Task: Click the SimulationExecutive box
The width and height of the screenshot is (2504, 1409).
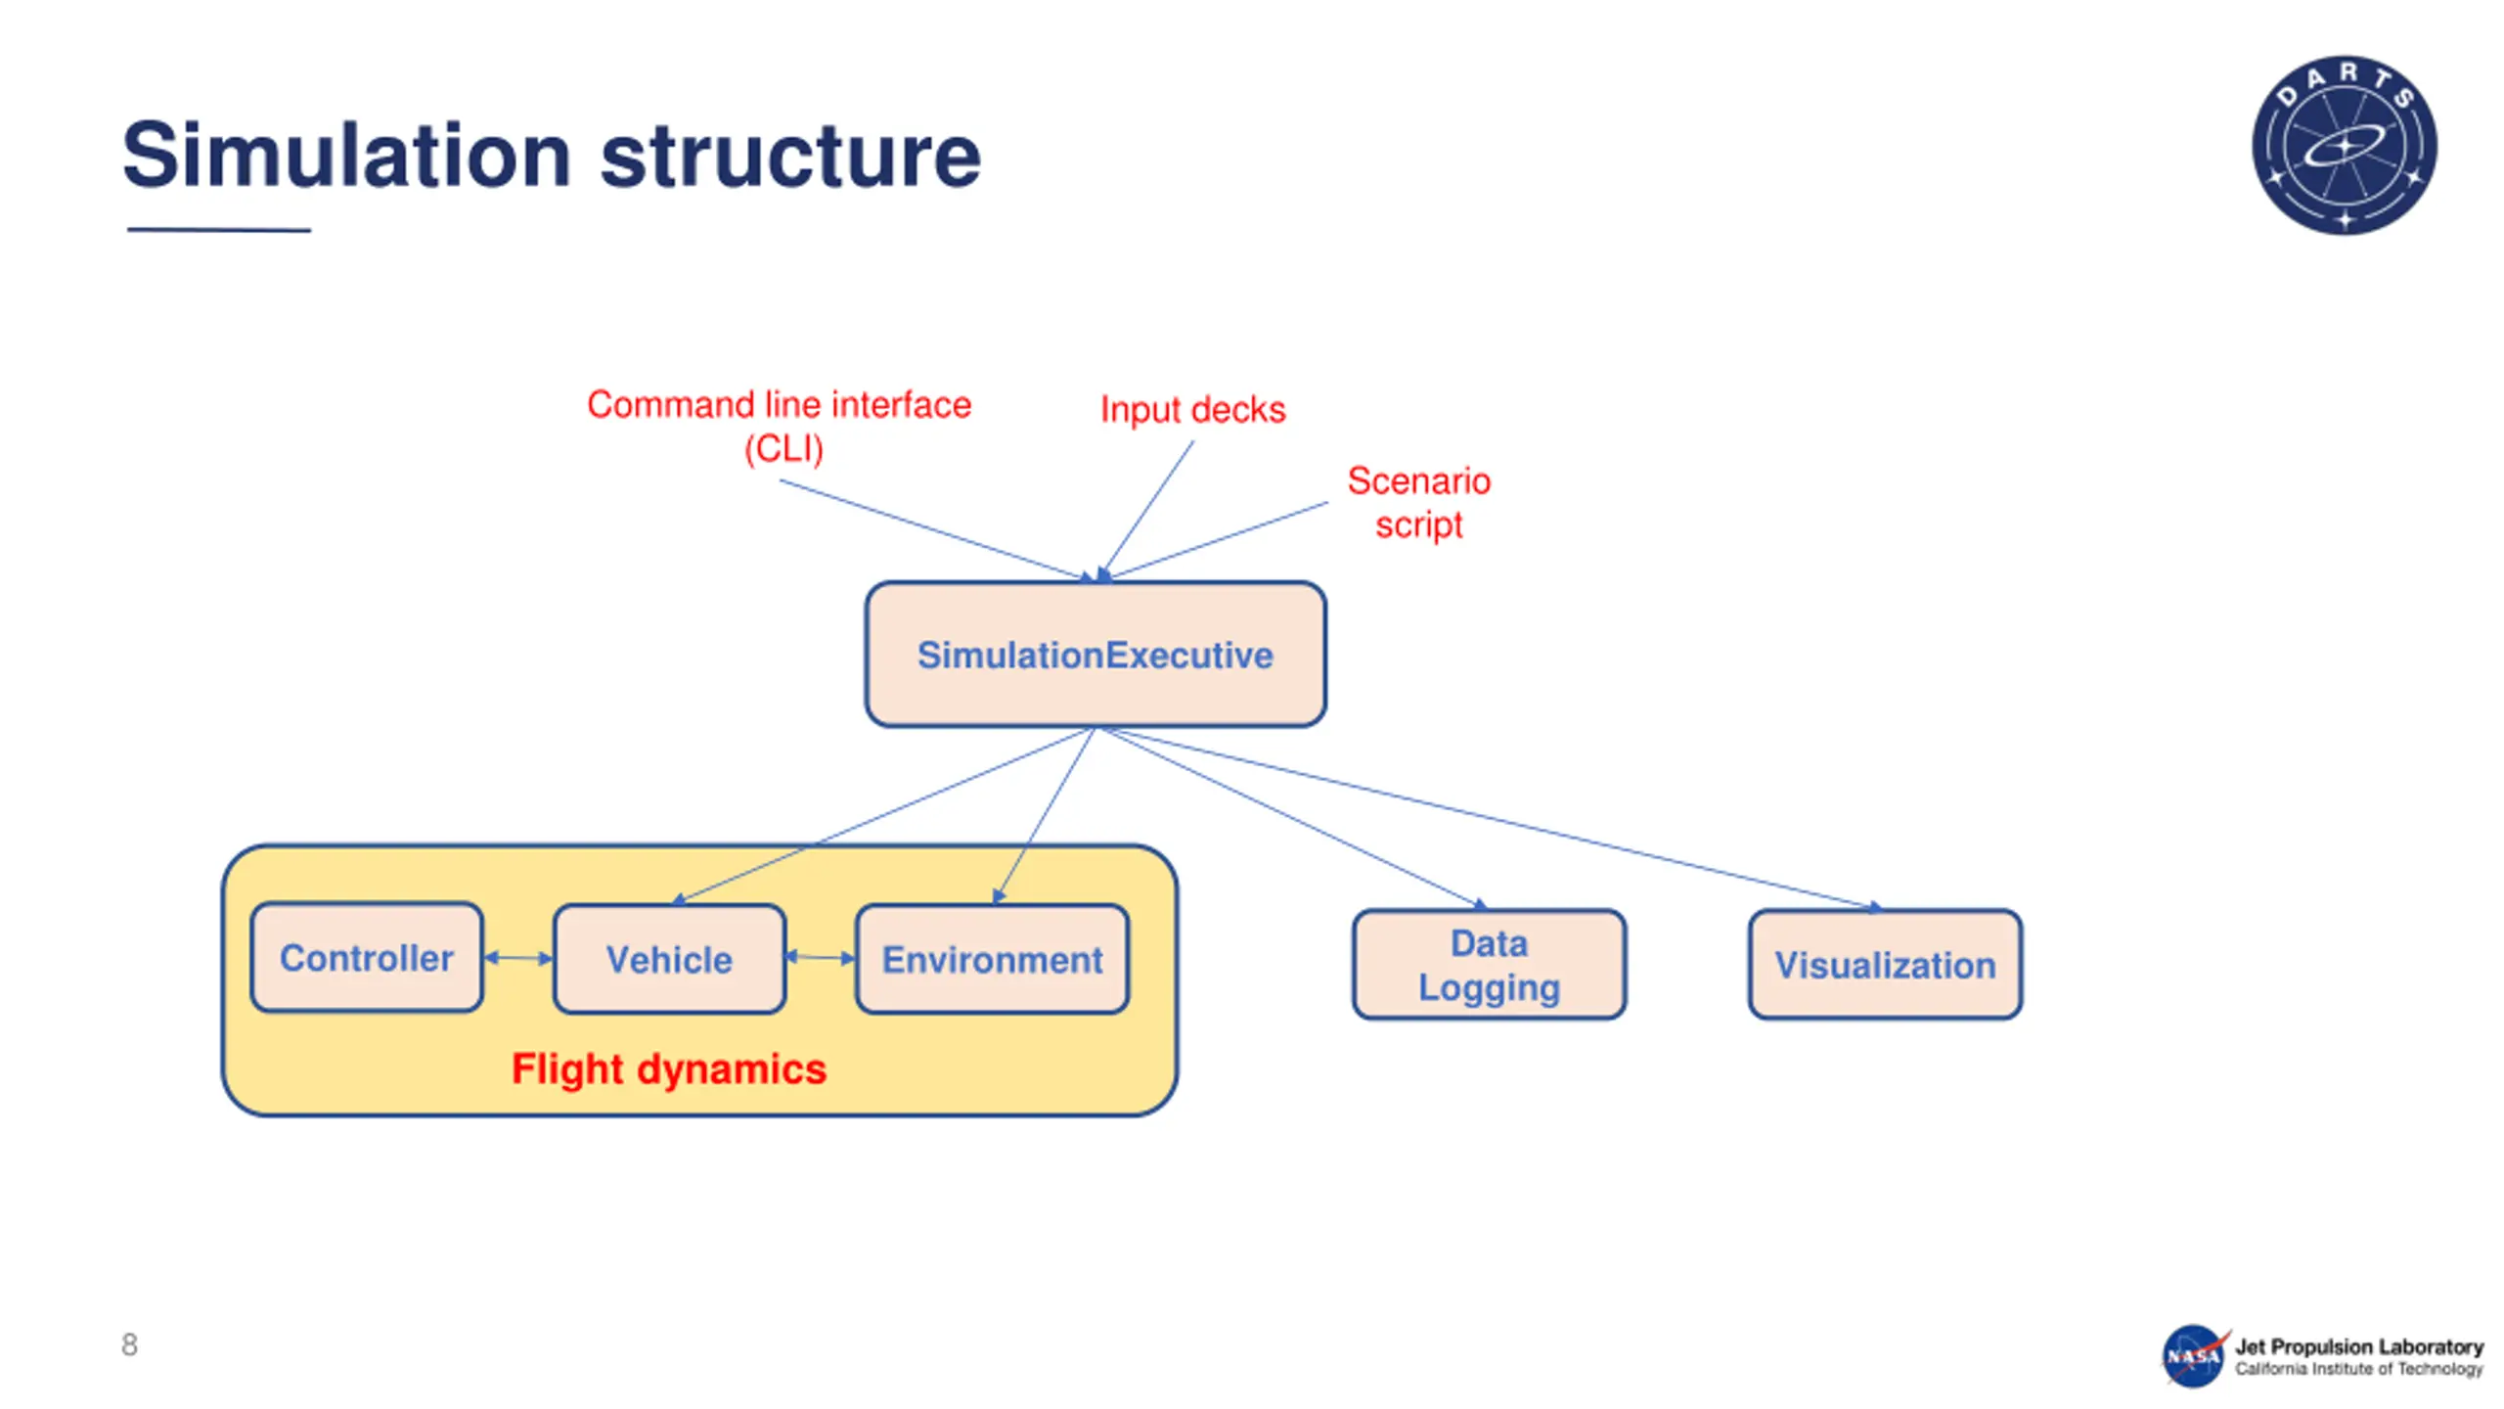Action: click(1095, 654)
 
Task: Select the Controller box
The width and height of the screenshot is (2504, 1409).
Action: click(367, 957)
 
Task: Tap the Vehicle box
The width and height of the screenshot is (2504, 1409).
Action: click(669, 959)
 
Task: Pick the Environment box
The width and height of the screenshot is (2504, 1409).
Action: click(992, 959)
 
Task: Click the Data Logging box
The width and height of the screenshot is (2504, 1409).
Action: click(1489, 965)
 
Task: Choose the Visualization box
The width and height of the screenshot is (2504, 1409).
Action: click(1885, 965)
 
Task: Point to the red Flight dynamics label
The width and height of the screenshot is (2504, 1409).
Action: click(669, 1068)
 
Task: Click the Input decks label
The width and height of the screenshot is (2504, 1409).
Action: click(1192, 409)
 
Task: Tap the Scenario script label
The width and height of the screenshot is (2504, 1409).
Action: click(1418, 502)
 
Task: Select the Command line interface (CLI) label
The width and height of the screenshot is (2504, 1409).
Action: click(779, 426)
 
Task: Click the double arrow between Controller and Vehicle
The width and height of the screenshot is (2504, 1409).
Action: click(518, 958)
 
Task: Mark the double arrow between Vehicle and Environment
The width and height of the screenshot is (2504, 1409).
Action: click(820, 957)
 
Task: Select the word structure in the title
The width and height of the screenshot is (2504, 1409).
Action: click(789, 155)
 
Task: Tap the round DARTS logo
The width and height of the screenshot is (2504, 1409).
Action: click(2344, 145)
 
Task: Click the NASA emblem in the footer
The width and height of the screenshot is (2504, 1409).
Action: click(2193, 1355)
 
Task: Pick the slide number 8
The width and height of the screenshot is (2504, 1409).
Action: click(129, 1344)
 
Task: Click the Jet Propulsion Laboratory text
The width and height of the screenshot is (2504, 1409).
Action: click(2358, 1346)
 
